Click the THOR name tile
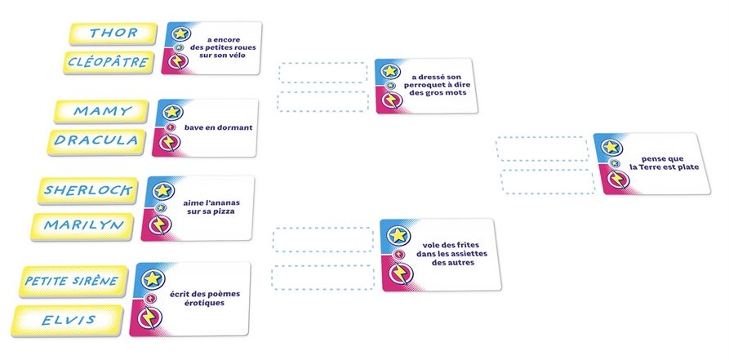point(113,33)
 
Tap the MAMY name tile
point(102,111)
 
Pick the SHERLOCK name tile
point(87,190)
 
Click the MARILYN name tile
point(83,224)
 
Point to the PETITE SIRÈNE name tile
point(72,282)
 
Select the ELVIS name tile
point(69,319)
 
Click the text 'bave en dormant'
point(218,128)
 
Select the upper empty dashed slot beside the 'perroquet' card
point(322,73)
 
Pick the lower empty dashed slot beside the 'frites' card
point(322,278)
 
